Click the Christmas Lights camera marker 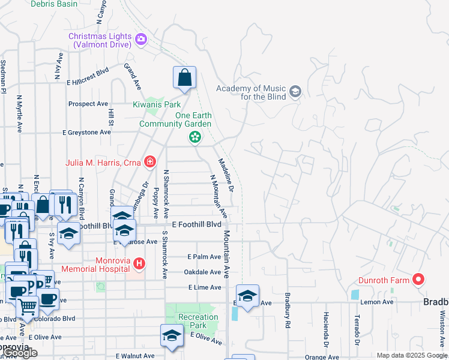(x=141, y=40)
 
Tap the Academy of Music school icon (x=295, y=92)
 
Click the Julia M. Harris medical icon (x=149, y=162)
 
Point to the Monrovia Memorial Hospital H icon (x=139, y=263)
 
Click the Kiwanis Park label (x=157, y=103)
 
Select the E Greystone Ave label (x=87, y=132)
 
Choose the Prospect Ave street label (x=88, y=104)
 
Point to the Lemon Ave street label (x=376, y=302)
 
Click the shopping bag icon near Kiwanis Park (x=185, y=78)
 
